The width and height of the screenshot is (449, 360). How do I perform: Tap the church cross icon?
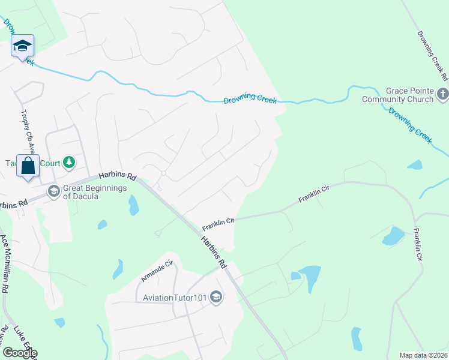(x=442, y=94)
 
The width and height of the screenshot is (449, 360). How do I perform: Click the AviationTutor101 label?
(x=173, y=298)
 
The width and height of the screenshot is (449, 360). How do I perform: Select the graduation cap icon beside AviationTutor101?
(x=217, y=297)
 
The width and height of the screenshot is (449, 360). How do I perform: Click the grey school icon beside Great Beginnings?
(x=53, y=191)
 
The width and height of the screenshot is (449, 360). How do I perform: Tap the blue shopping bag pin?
(x=28, y=166)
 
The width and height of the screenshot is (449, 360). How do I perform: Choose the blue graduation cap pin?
(x=22, y=46)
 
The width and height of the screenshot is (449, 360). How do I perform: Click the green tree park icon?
(x=70, y=162)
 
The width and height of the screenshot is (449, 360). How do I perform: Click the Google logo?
(x=19, y=353)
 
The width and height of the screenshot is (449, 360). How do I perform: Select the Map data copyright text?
(x=423, y=355)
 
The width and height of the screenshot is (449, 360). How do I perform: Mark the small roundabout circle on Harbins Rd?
(x=163, y=173)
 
